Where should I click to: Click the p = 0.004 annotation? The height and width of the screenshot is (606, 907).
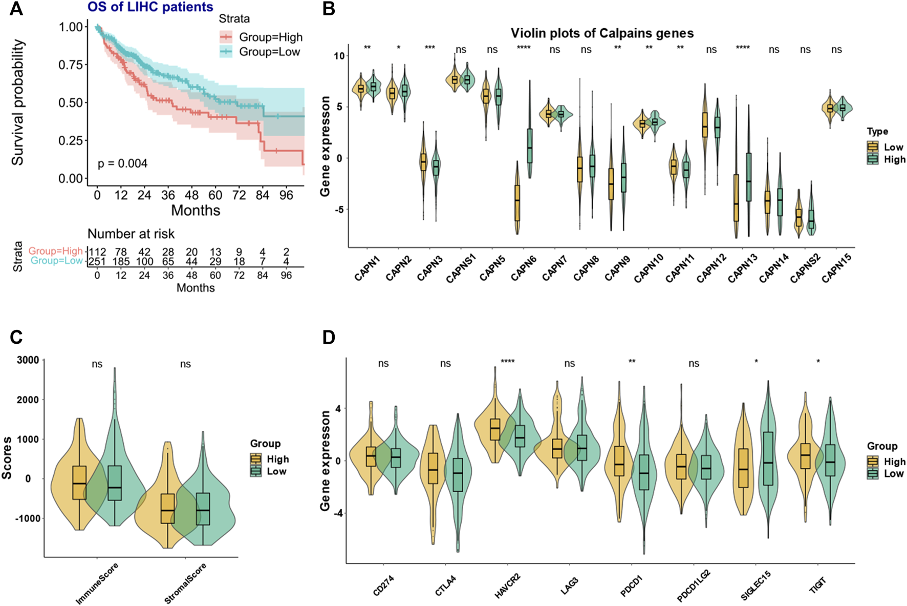click(122, 163)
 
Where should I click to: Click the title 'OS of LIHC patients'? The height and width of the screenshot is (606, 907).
click(150, 7)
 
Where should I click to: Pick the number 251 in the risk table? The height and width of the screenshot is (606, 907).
click(97, 262)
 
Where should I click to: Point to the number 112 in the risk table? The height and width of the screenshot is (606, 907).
click(97, 252)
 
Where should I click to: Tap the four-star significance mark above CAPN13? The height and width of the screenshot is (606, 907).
click(743, 48)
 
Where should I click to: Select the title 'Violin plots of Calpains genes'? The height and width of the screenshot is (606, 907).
click(602, 33)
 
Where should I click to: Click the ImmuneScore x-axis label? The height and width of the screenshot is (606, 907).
click(97, 583)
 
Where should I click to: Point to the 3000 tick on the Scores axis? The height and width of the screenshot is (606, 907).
click(28, 360)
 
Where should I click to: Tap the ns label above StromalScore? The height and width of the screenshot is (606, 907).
click(185, 364)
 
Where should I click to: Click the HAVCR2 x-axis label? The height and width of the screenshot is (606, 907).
click(508, 586)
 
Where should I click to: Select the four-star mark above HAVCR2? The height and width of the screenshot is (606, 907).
click(508, 362)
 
